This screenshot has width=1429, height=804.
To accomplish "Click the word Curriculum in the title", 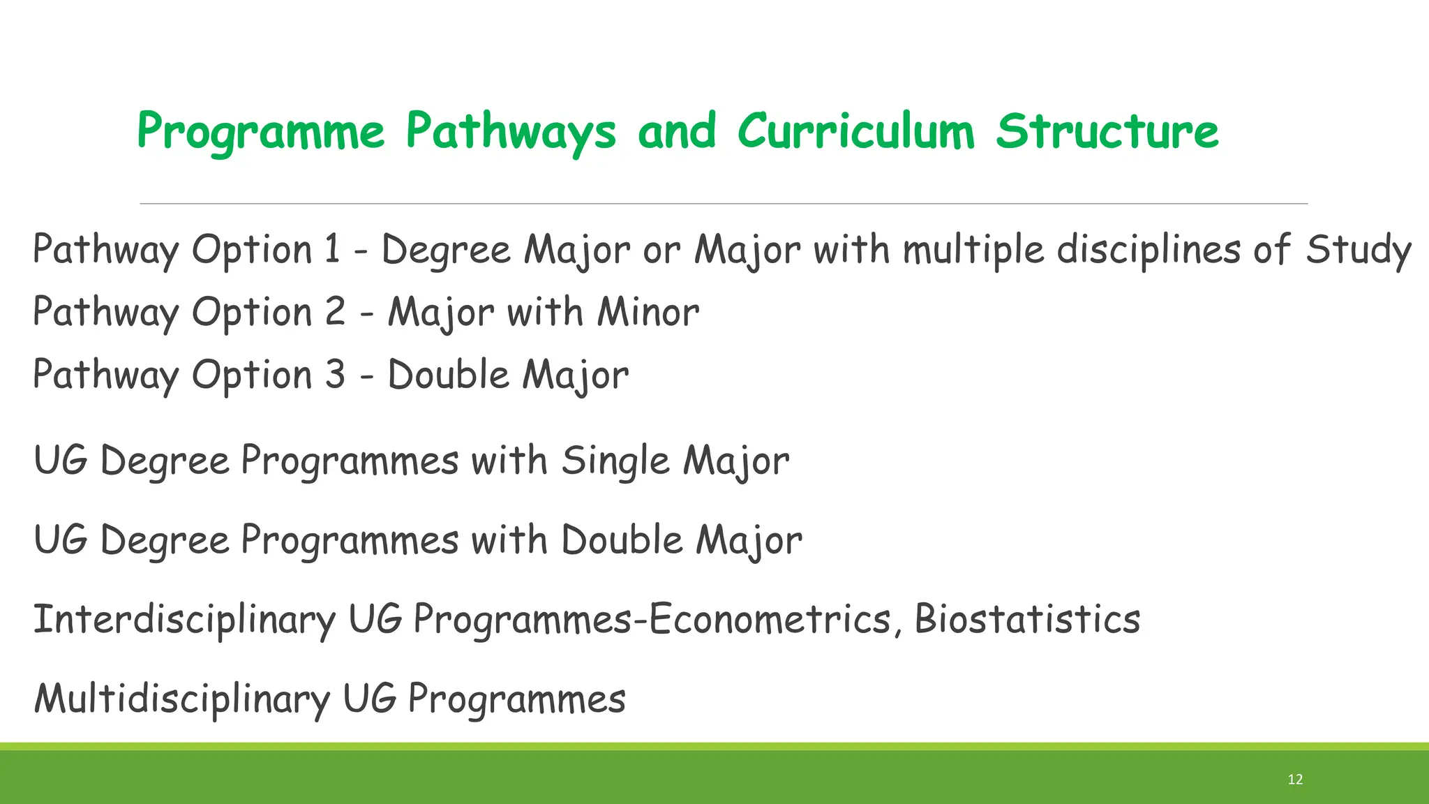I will [855, 131].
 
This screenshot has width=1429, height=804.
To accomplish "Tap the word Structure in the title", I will [1107, 131].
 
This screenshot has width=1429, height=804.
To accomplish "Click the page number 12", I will [1295, 780].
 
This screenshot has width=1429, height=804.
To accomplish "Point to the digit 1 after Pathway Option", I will [332, 249].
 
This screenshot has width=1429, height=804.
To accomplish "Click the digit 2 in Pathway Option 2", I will [335, 311].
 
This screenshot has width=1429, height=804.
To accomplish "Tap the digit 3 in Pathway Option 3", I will [335, 374].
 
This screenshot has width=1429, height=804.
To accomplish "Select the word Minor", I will [648, 312].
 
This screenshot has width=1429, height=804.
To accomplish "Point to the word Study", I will [1358, 250].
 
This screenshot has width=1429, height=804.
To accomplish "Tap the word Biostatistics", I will [1026, 619].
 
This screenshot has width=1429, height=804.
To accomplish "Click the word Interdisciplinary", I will [184, 620].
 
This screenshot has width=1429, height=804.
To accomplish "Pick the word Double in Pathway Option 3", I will [448, 375].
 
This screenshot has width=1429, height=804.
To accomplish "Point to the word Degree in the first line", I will [446, 250].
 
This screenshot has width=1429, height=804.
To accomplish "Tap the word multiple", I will [973, 250].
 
